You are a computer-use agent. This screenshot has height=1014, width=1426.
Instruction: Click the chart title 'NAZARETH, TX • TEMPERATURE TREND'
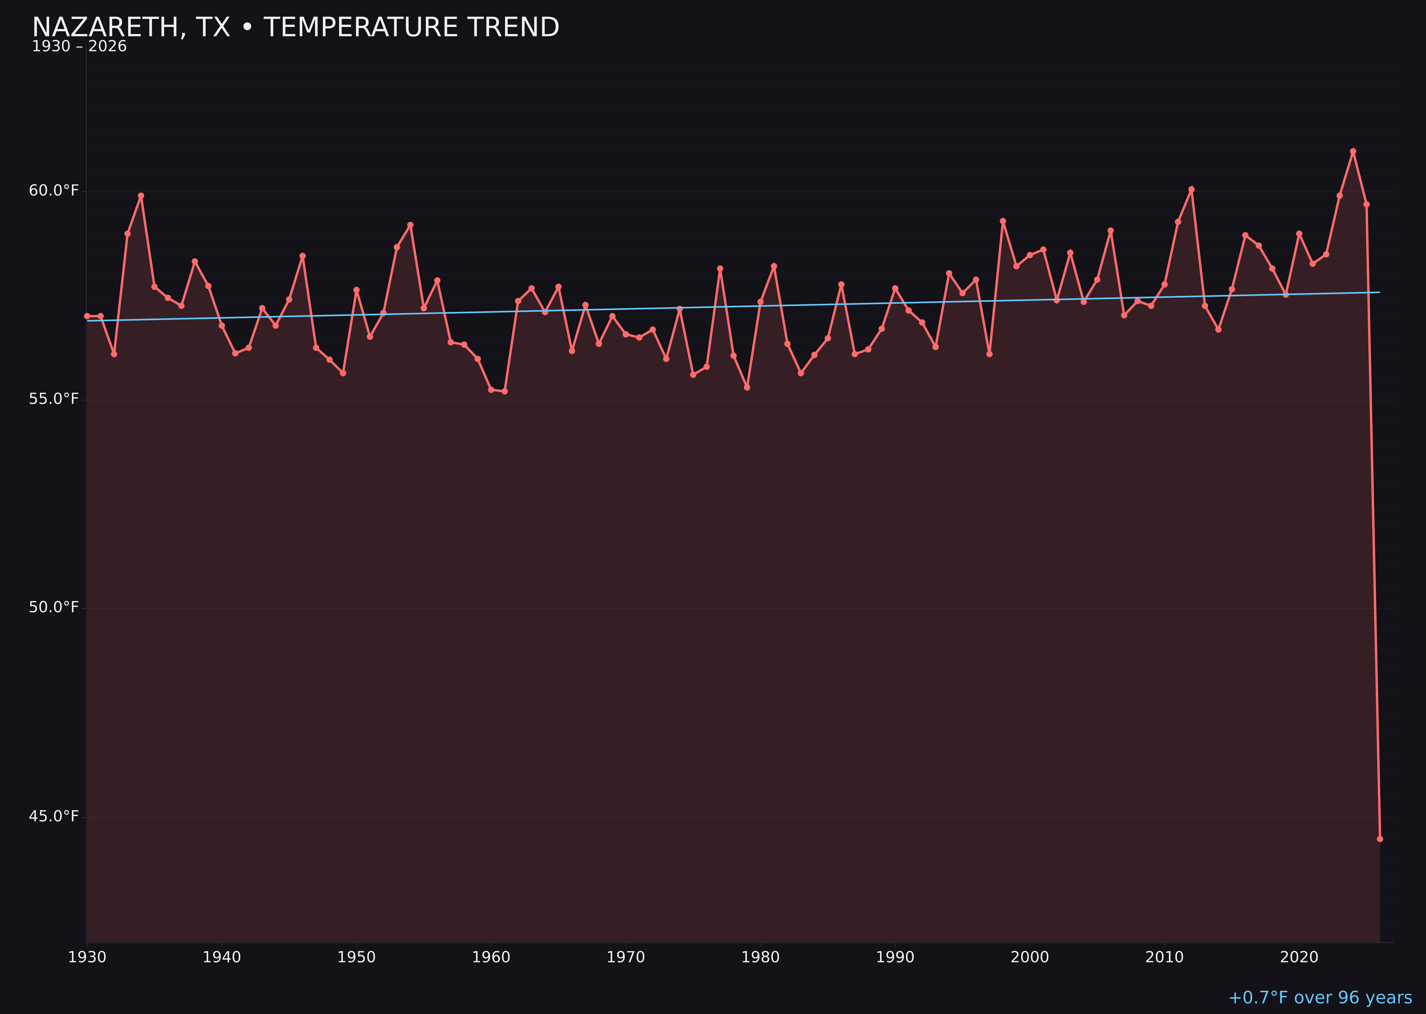coord(295,27)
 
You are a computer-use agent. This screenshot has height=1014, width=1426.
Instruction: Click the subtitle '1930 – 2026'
coord(79,47)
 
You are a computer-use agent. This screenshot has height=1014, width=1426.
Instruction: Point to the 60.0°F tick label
coord(54,190)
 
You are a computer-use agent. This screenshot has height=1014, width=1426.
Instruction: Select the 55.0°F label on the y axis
coord(54,399)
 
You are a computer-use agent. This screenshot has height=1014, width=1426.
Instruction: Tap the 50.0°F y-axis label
coord(54,608)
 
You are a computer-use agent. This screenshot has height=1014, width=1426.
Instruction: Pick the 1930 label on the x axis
coord(87,957)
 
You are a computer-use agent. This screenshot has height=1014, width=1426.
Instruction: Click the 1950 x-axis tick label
coord(356,957)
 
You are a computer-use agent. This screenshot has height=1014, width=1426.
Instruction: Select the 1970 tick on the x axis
coord(626,957)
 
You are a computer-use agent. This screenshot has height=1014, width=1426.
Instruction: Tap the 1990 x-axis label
coord(895,957)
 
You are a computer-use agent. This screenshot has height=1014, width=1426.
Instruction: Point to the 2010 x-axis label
coord(1164,957)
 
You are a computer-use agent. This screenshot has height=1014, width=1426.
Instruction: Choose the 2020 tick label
coord(1299,957)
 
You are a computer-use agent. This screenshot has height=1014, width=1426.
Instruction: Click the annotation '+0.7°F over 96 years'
coord(1320,998)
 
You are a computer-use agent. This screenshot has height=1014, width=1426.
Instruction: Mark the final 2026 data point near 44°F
coord(1380,839)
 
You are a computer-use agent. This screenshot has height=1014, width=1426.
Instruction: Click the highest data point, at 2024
coord(1353,151)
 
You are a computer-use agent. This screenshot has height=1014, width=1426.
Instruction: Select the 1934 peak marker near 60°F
coord(141,195)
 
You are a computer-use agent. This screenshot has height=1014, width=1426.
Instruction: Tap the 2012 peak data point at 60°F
coord(1191,189)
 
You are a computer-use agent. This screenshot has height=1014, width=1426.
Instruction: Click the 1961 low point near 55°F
coord(504,391)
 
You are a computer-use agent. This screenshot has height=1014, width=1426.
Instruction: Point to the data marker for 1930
coord(87,316)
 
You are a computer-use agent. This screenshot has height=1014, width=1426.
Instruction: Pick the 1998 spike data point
coord(1003,221)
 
